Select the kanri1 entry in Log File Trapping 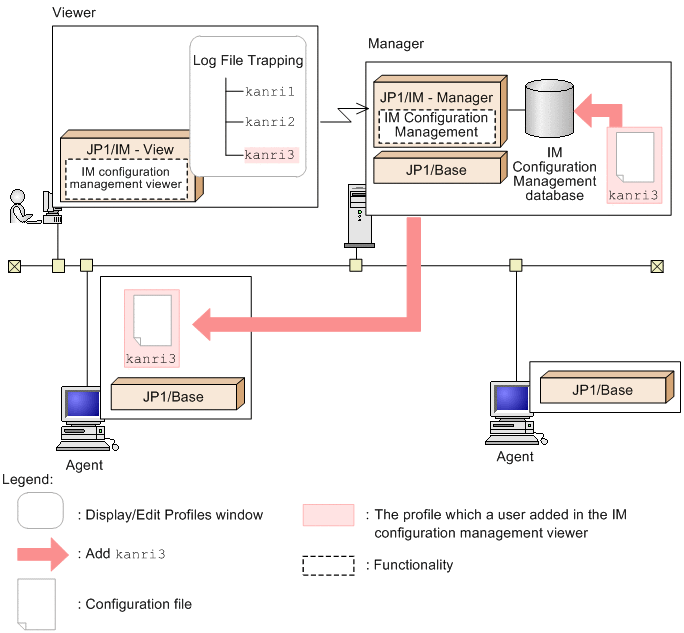pos(270,91)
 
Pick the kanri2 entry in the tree pos(270,122)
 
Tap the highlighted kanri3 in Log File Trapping pos(270,154)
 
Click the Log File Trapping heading pos(248,61)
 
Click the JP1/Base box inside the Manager pos(436,170)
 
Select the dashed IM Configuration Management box pos(436,125)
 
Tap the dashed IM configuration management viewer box pos(125,178)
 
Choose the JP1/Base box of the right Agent pos(602,390)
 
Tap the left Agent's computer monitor pos(82,406)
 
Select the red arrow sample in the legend pos(45,552)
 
